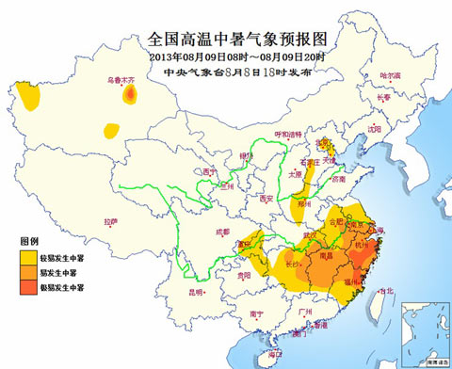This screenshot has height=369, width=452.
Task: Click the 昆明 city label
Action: pyautogui.click(x=197, y=293)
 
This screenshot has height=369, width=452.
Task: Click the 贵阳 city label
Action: pyautogui.click(x=245, y=277)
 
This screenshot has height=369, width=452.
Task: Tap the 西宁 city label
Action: pyautogui.click(x=209, y=172)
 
